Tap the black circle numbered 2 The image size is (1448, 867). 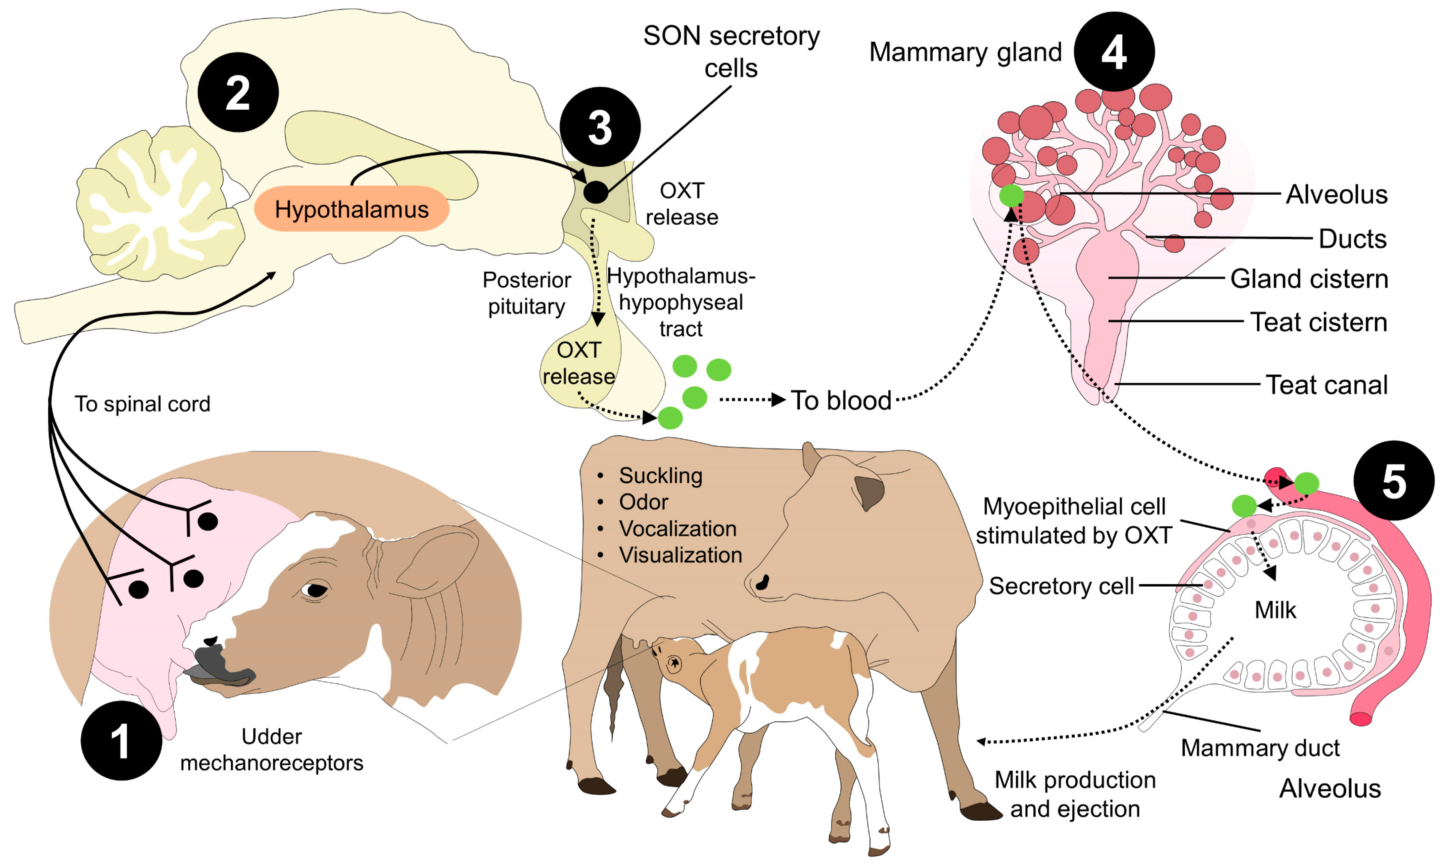coord(238,92)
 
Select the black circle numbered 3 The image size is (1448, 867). coord(599,127)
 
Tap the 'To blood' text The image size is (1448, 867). coord(841,401)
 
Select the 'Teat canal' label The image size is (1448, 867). coord(1326,385)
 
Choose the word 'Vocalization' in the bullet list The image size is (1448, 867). coord(677,529)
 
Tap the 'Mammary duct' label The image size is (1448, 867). coord(1260,748)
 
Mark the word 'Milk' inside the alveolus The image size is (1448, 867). coord(1275,610)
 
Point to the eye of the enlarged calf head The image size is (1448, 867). coord(315,590)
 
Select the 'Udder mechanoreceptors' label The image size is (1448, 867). coord(272,749)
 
